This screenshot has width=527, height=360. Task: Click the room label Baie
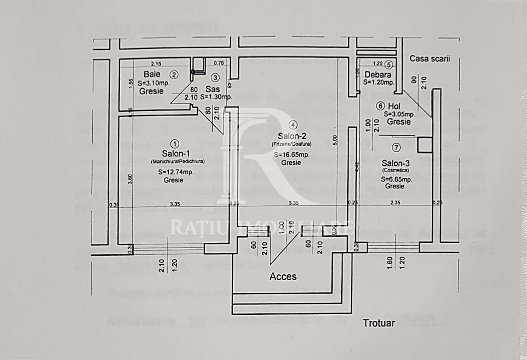tap(152, 74)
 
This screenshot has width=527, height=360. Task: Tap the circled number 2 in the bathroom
tap(174, 74)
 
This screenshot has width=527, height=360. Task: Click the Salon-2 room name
tap(292, 136)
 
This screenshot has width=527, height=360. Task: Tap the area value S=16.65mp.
tap(291, 155)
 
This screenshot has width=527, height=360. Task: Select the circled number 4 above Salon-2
tap(293, 125)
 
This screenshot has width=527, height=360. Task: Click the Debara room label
tap(377, 74)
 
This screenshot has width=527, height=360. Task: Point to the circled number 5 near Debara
tap(389, 65)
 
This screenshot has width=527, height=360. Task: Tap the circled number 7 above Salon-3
tap(396, 147)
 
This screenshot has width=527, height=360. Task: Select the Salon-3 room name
tap(396, 163)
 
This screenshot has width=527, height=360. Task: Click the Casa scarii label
tap(429, 59)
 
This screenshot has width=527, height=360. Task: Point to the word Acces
tap(283, 276)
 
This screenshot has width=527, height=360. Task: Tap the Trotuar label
tap(378, 323)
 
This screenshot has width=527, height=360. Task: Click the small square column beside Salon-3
tap(425, 145)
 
